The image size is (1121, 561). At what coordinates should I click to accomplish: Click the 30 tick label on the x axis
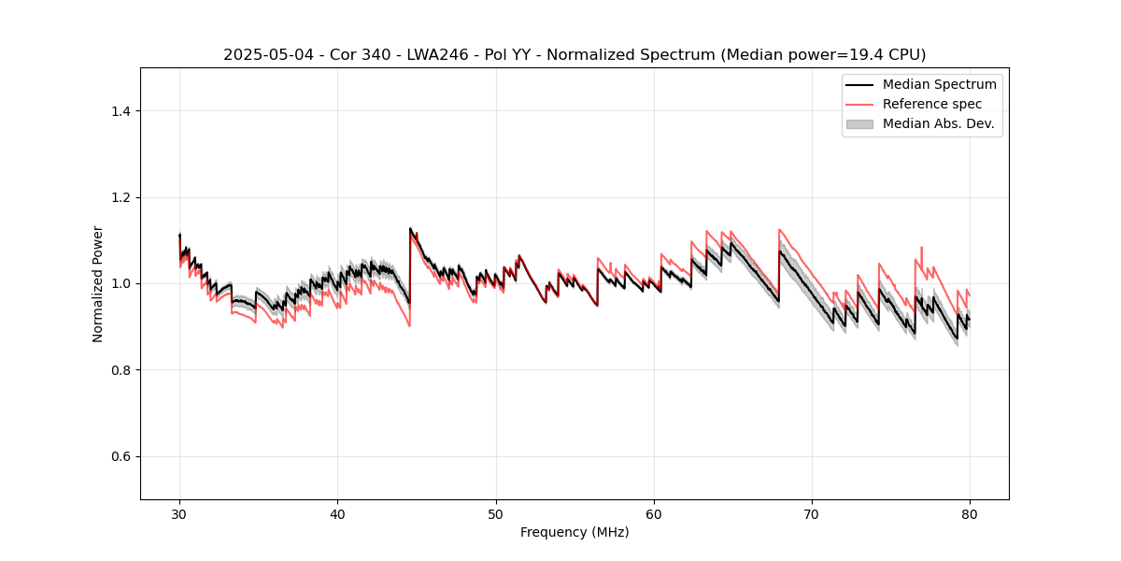179,513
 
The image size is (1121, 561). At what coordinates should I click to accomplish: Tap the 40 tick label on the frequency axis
338,513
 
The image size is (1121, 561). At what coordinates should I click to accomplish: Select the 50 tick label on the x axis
496,513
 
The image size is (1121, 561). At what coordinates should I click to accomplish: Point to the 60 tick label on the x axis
654,513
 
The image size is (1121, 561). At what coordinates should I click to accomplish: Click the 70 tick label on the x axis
812,513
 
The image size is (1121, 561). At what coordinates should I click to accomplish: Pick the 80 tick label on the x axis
970,513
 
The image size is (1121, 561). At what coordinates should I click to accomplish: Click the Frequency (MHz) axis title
575,532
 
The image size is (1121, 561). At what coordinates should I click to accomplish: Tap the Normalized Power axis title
98,283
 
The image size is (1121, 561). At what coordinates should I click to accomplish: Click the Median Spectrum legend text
939,84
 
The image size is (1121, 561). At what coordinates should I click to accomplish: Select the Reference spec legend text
932,104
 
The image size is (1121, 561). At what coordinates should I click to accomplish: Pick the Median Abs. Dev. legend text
939,123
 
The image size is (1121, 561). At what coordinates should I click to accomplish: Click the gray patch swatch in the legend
858,123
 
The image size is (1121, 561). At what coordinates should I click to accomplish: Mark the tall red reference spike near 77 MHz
921,250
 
